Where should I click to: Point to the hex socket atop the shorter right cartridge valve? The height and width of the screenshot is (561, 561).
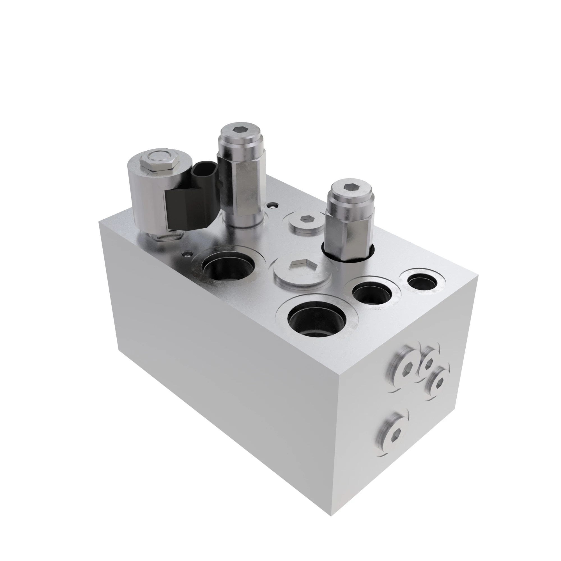[x=349, y=186]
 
